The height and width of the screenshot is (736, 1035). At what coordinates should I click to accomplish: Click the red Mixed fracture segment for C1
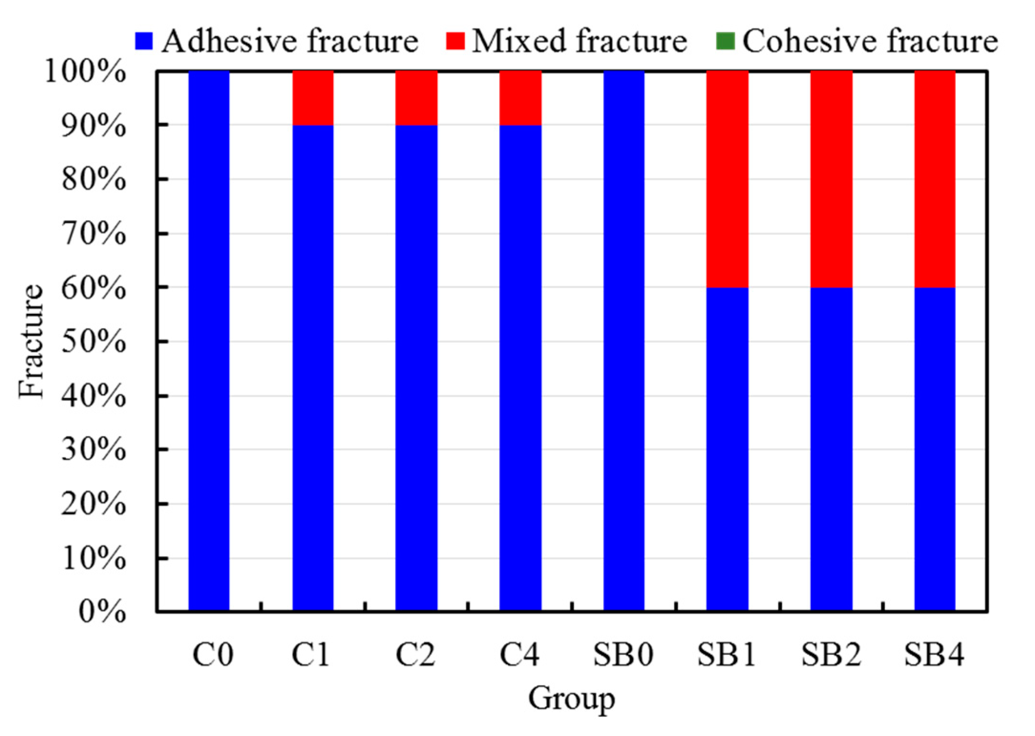313,98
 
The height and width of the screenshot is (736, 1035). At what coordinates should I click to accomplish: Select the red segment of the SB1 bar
727,179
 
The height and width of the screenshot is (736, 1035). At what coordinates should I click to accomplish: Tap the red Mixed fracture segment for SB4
934,179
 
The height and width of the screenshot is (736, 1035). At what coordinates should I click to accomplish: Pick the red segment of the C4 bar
520,98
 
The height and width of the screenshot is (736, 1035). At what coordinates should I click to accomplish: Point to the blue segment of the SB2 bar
831,449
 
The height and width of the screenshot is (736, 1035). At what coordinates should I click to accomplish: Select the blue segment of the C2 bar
416,368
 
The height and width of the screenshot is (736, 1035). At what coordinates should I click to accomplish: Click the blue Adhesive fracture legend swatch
144,41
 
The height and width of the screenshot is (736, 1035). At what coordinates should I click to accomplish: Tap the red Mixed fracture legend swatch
455,41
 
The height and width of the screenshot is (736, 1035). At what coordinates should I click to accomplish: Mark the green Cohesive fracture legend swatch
724,41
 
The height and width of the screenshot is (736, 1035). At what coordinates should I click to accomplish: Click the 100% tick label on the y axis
85,73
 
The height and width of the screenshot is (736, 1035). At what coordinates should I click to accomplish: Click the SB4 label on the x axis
934,654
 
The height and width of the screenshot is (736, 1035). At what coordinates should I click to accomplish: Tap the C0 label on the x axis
212,654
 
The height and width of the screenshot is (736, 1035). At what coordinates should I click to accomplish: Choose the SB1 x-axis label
727,654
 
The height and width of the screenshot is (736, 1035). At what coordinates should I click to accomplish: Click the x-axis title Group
571,699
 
